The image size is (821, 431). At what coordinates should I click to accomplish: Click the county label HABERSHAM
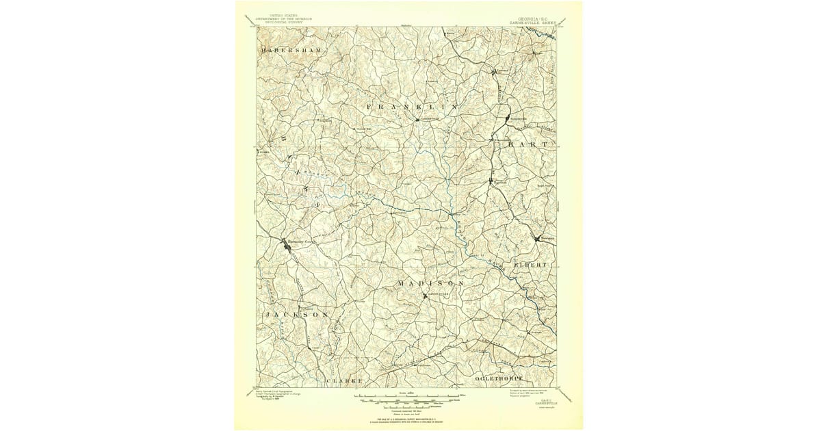click(290, 51)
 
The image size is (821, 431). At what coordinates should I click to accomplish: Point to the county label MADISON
click(431, 283)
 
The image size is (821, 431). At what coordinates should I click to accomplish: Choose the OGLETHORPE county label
click(499, 378)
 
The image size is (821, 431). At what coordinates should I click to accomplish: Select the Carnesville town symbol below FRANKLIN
click(417, 120)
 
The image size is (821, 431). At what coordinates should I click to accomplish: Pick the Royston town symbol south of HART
click(491, 181)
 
